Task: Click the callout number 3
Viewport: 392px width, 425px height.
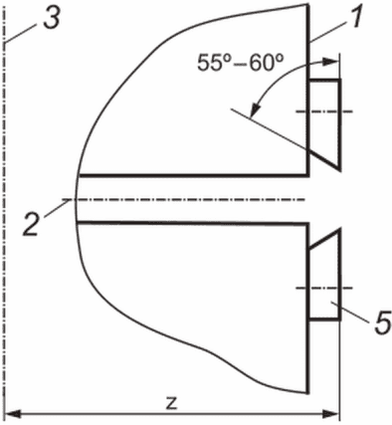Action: point(52,19)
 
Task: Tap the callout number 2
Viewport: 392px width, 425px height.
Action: point(32,225)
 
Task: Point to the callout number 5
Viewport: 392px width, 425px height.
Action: point(382,322)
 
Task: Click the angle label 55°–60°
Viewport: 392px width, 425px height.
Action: point(241,63)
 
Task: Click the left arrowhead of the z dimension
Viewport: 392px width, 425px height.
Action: point(13,414)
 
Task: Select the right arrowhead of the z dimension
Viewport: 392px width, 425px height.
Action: point(331,414)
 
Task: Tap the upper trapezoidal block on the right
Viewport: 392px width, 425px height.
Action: point(325,119)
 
